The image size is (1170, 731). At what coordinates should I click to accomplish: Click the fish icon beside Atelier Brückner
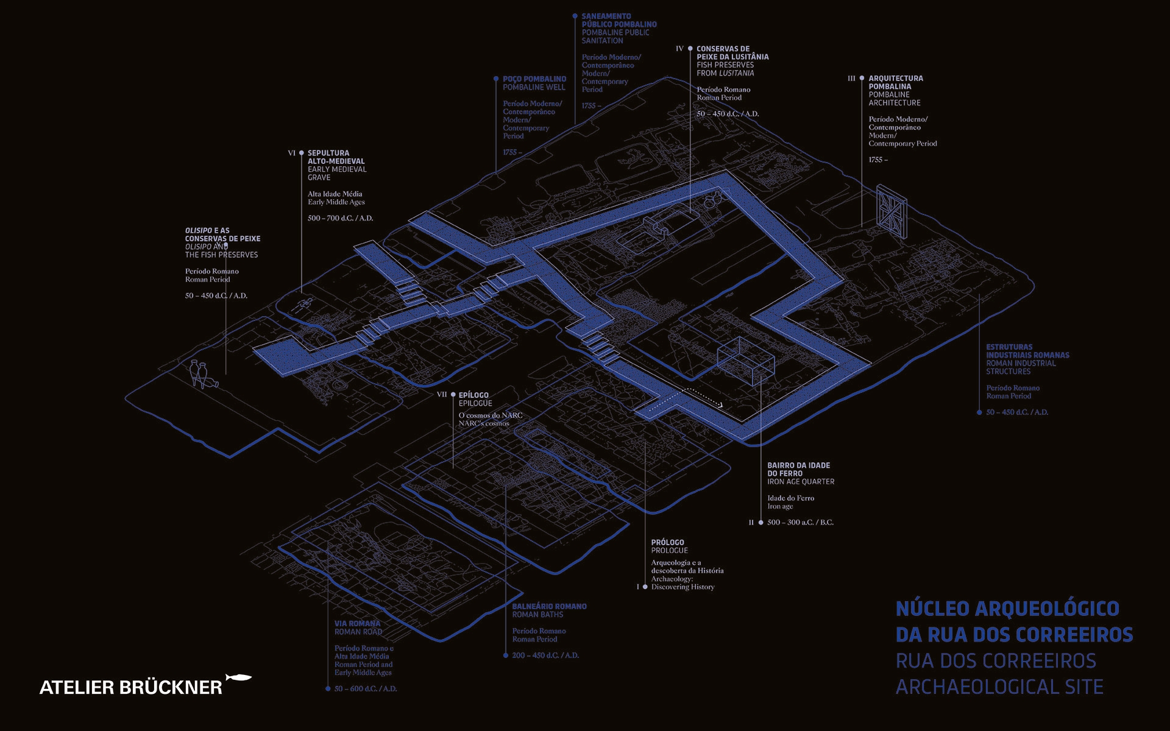pyautogui.click(x=238, y=677)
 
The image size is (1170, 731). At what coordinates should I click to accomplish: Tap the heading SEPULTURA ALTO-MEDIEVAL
pyautogui.click(x=336, y=157)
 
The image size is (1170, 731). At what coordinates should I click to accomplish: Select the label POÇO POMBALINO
pyautogui.click(x=534, y=79)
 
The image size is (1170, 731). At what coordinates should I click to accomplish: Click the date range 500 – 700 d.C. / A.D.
pyautogui.click(x=340, y=218)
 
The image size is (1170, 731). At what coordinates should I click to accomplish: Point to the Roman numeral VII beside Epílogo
pyautogui.click(x=442, y=395)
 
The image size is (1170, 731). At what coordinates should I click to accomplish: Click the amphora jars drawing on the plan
pyautogui.click(x=200, y=374)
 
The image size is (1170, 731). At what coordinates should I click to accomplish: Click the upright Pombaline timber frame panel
pyautogui.click(x=892, y=210)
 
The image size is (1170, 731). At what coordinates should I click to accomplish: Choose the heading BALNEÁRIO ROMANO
pyautogui.click(x=549, y=607)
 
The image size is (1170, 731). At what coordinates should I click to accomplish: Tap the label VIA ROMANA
pyautogui.click(x=357, y=624)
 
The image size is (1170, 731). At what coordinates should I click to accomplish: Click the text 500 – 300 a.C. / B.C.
pyautogui.click(x=800, y=523)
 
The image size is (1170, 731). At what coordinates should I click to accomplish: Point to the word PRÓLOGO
pyautogui.click(x=667, y=542)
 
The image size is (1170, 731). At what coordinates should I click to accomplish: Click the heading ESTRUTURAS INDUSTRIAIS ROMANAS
pyautogui.click(x=1027, y=351)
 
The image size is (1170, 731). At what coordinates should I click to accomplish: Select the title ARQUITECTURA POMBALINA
pyautogui.click(x=895, y=82)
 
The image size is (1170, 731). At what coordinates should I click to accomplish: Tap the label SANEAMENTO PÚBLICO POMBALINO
pyautogui.click(x=619, y=21)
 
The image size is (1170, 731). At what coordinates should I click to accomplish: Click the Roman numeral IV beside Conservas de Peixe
pyautogui.click(x=679, y=49)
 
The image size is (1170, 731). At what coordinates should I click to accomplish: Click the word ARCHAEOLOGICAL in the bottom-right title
pyautogui.click(x=973, y=687)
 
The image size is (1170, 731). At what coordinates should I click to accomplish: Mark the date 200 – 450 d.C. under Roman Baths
pyautogui.click(x=545, y=655)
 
